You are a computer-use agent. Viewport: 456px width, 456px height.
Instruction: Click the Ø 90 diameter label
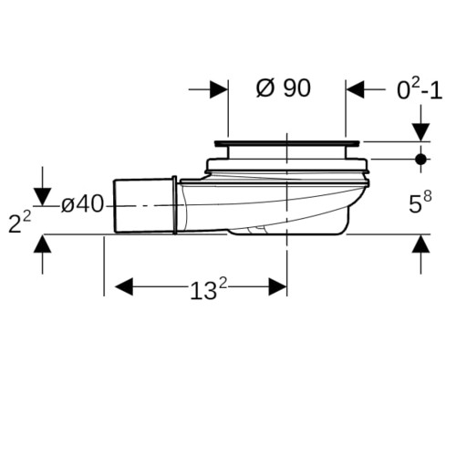[x=284, y=88]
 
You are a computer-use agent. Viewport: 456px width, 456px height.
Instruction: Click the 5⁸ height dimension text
[x=420, y=202]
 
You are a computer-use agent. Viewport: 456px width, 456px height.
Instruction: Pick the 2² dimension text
[x=19, y=223]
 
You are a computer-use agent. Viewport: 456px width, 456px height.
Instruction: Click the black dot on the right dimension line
[x=420, y=159]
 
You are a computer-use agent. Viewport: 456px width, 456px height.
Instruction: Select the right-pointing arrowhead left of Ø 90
[x=219, y=89]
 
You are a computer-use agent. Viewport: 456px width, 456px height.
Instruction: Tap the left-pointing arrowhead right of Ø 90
[x=355, y=89]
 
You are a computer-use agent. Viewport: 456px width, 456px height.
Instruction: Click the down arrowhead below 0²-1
[x=420, y=132]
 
